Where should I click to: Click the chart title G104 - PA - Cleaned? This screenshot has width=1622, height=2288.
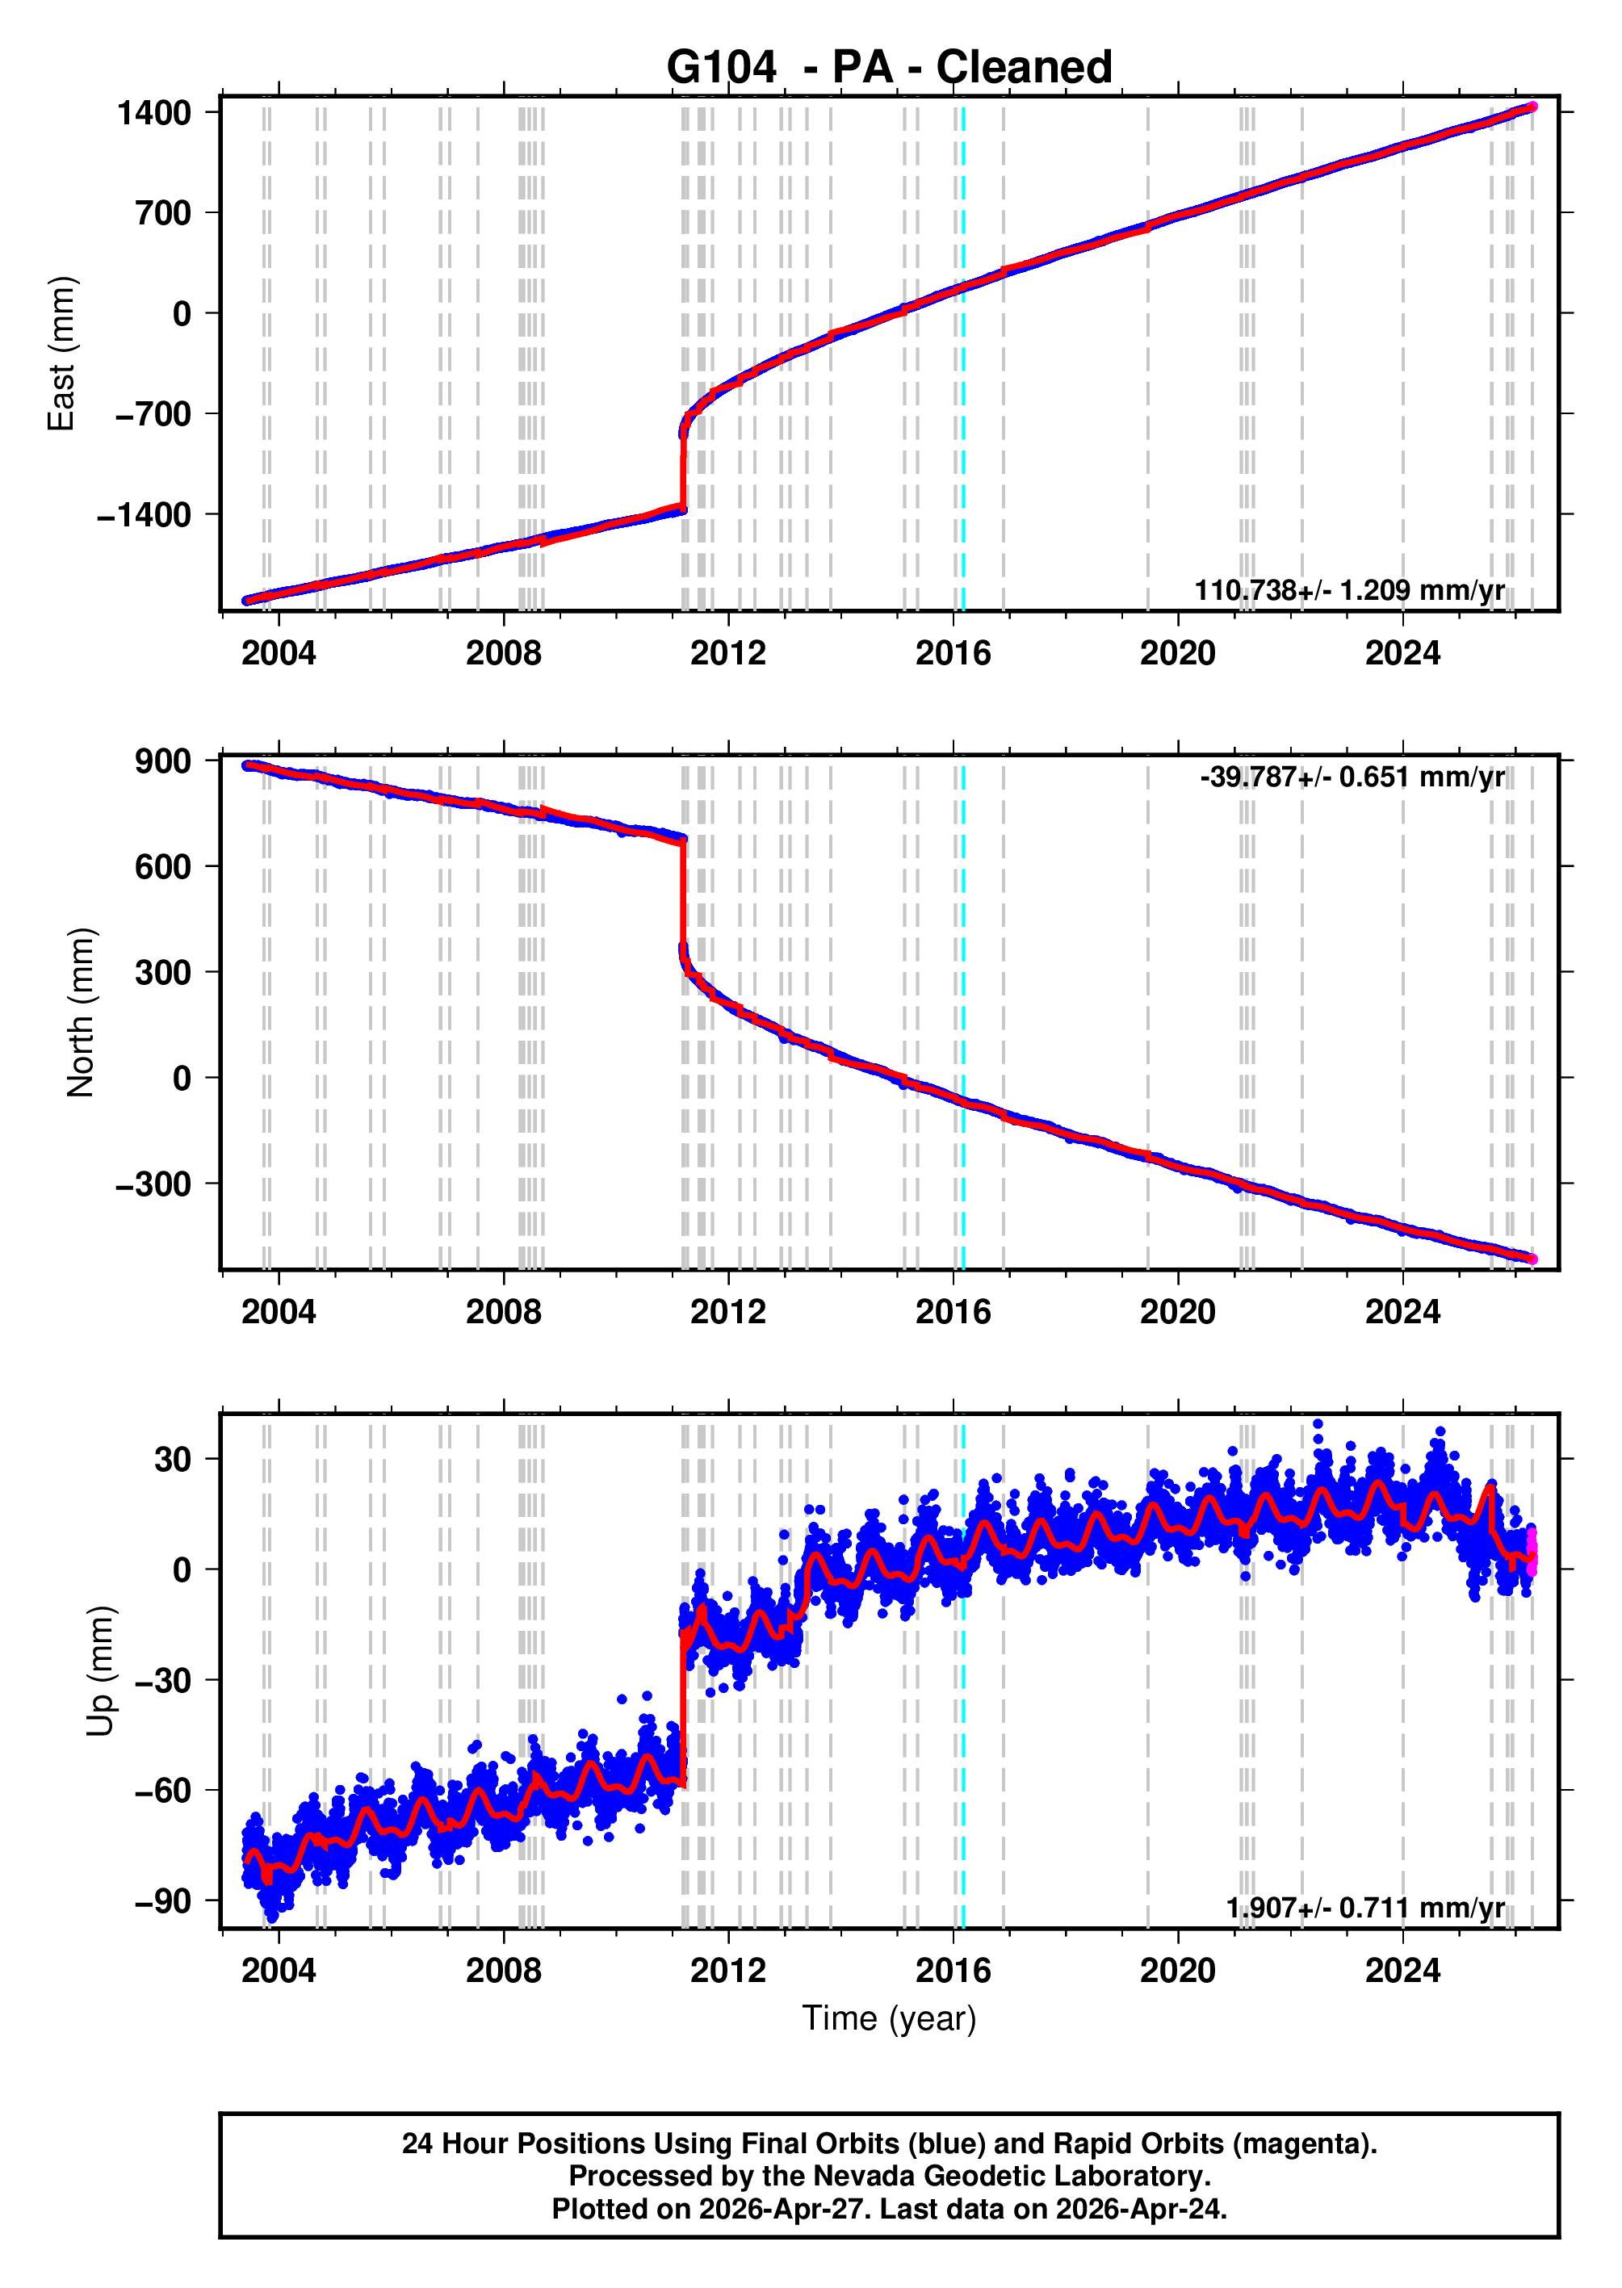tap(888, 68)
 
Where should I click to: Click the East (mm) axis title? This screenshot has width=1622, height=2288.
tap(62, 354)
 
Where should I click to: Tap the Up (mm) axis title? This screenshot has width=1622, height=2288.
tap(100, 1672)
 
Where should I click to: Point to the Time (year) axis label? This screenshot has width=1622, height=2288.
tap(888, 2018)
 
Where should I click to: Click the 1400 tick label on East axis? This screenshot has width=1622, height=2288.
tap(154, 113)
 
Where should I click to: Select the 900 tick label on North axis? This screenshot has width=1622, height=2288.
tap(163, 761)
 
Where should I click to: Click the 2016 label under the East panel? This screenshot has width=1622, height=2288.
tap(953, 653)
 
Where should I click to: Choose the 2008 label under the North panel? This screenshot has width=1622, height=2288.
tap(503, 1311)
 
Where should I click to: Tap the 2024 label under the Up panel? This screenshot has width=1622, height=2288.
tap(1402, 1971)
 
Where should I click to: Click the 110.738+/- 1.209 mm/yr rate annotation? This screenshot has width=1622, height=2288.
tap(1348, 590)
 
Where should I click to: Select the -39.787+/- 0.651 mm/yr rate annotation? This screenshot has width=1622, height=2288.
tap(1352, 777)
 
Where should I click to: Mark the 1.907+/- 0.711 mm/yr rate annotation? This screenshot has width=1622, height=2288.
tap(1364, 1908)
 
